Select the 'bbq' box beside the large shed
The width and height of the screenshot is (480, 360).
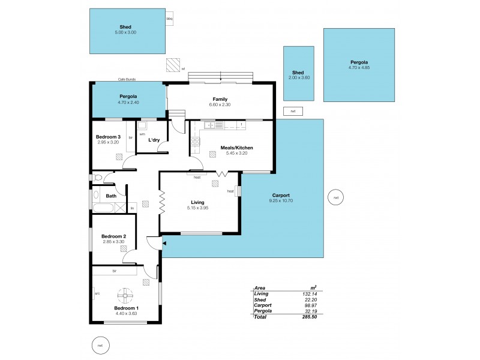click(169, 19)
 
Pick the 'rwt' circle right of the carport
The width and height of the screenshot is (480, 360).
click(336, 197)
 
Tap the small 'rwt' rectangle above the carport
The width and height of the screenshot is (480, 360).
click(293, 111)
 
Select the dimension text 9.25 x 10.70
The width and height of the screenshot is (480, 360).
click(281, 200)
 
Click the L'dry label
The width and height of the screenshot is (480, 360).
click(154, 140)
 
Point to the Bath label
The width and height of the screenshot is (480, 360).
click(112, 196)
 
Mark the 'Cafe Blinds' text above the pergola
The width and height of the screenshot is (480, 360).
click(128, 79)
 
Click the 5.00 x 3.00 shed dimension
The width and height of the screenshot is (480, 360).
click(125, 32)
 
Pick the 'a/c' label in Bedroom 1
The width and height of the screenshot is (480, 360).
click(97, 293)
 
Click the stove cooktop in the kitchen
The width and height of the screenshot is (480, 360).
click(196, 142)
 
